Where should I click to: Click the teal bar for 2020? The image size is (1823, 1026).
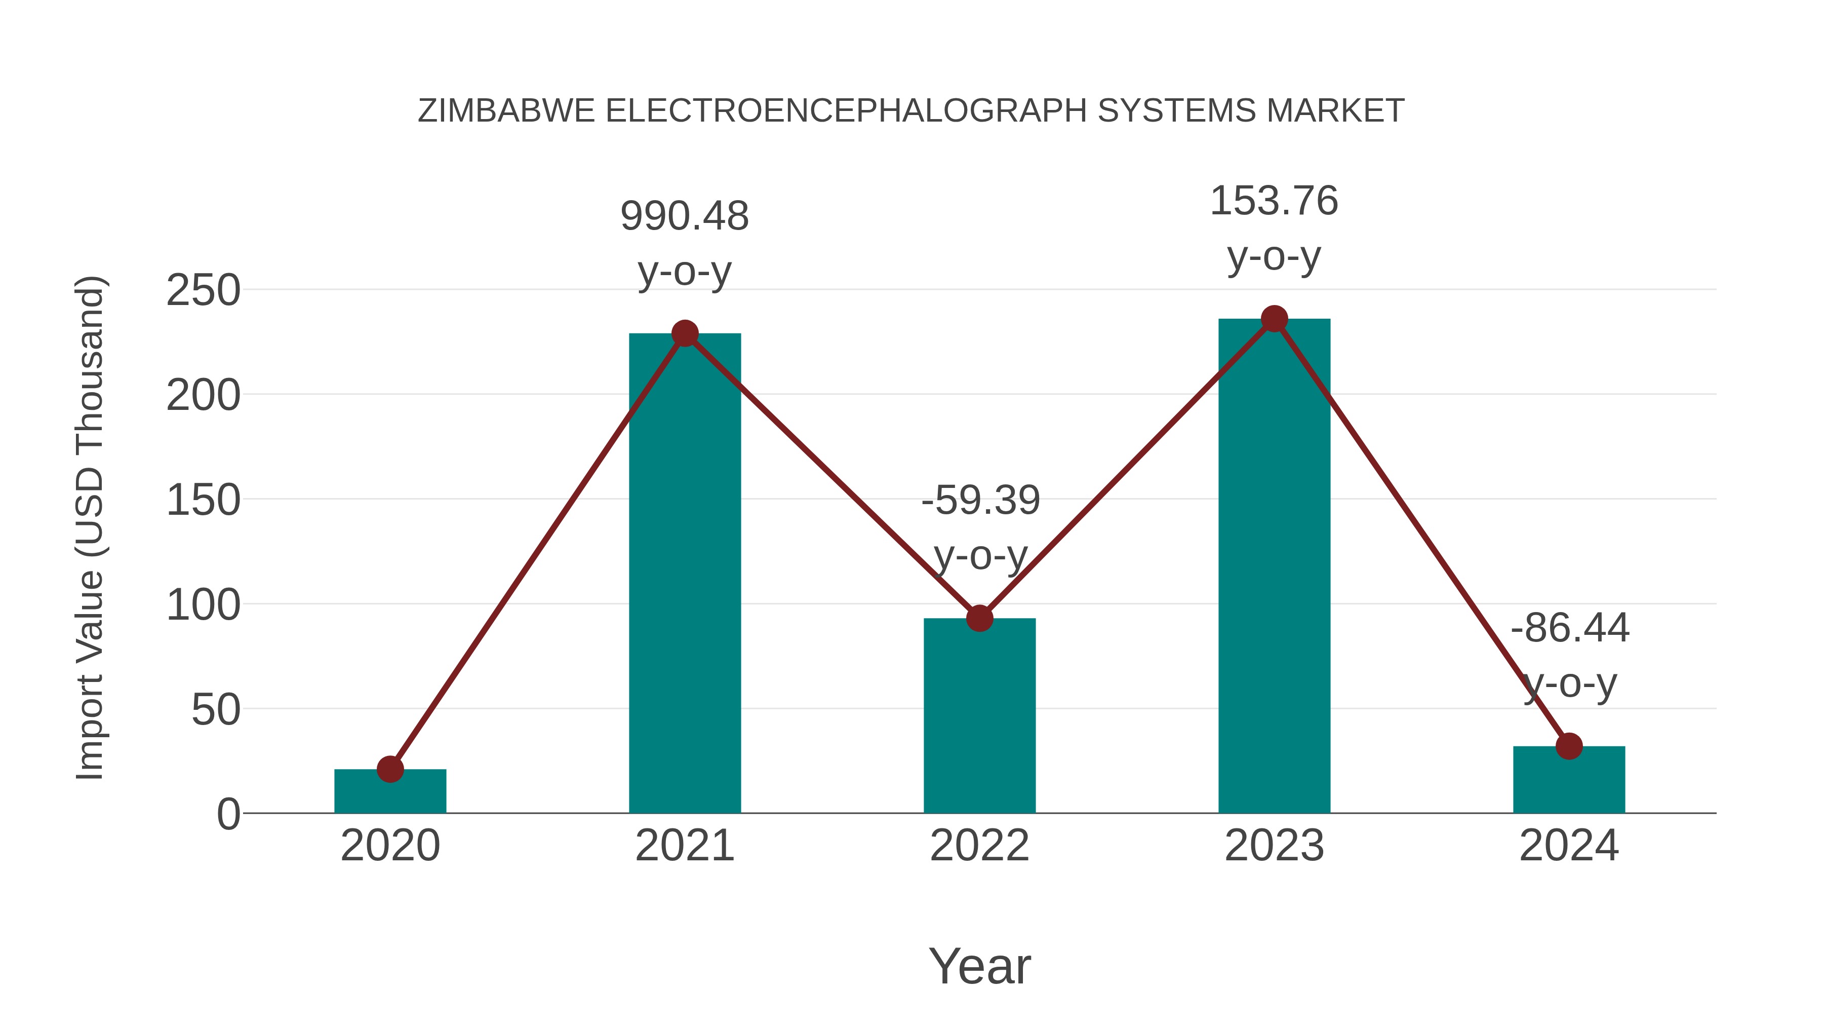(390, 791)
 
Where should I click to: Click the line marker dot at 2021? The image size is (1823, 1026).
(685, 333)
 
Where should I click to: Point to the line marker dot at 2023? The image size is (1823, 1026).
(1274, 319)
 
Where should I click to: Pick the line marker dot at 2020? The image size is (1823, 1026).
(390, 769)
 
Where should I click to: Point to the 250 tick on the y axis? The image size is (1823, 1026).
(203, 290)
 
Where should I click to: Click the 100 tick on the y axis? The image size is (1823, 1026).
(203, 605)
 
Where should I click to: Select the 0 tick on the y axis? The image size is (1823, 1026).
(228, 814)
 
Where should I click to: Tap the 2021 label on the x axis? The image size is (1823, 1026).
(685, 846)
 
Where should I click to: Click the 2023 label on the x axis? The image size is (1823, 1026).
(1274, 846)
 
